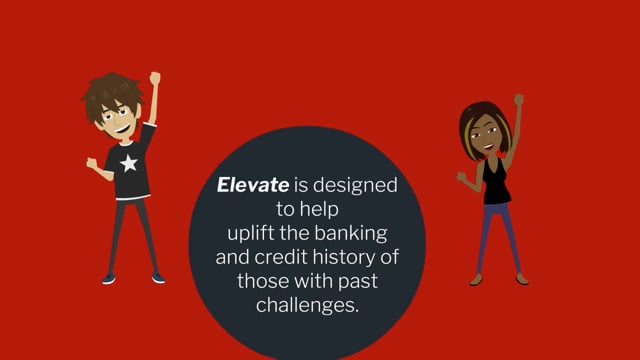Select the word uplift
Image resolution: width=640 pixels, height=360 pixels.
point(249,236)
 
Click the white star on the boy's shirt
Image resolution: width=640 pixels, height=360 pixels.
point(127,162)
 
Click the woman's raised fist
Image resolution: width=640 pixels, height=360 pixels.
point(518,100)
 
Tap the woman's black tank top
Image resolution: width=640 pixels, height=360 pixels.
point(496,185)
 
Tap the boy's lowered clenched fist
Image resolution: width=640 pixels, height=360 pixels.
point(91,162)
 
